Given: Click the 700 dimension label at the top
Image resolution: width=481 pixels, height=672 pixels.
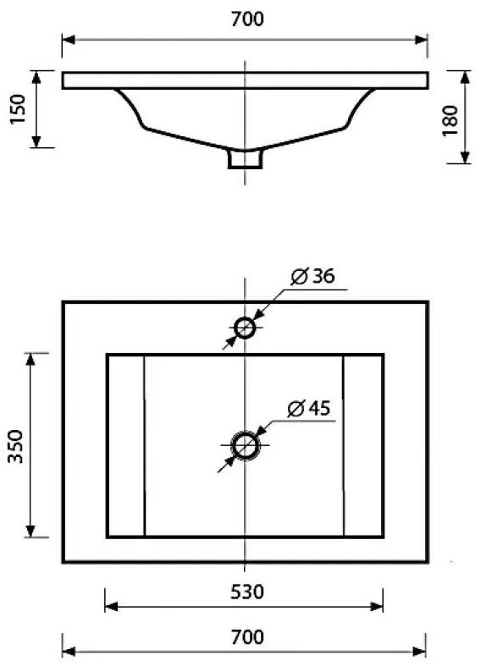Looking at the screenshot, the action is pos(247,19).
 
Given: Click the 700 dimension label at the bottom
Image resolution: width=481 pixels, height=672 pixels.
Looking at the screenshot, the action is pos(247,637).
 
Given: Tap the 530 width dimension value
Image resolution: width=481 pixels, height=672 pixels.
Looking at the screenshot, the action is pos(247,592).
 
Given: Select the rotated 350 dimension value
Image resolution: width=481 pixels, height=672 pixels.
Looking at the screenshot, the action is pos(16,446).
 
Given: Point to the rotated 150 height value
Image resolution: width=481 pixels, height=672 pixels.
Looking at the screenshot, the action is pos(18,109).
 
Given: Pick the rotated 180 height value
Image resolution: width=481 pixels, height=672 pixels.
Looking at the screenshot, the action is pos(451,120).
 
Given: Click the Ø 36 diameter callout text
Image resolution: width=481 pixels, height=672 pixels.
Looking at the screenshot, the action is pos(312,277).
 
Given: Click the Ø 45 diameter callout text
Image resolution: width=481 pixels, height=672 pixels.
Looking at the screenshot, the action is pos(308,409).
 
